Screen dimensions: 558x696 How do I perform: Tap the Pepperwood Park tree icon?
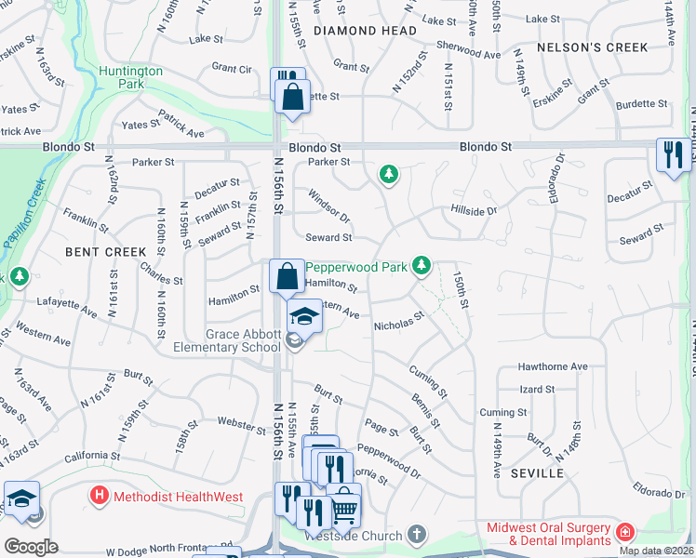tap(422, 266)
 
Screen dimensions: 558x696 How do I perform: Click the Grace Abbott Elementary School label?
tap(227, 340)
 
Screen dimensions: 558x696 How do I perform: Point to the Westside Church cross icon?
tap(417, 535)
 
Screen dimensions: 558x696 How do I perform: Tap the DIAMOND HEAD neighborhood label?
tap(365, 31)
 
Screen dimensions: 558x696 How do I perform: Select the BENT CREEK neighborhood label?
tap(106, 251)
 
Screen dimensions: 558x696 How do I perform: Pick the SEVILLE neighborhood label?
tap(538, 472)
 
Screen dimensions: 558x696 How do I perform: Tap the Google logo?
tap(31, 546)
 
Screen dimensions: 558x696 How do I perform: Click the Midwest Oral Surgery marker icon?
tap(626, 533)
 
